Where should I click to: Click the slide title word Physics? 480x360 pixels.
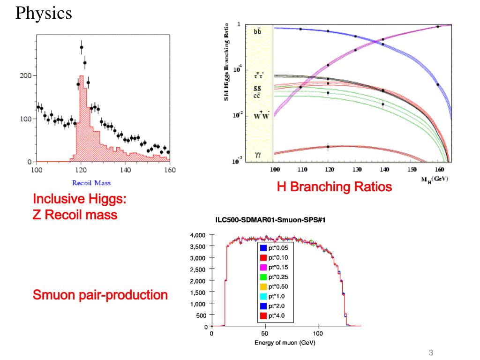point(44,13)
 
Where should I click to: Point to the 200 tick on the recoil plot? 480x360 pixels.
point(25,76)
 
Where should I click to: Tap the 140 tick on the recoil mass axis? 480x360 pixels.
point(126,170)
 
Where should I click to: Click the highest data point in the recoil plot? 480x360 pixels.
point(82,47)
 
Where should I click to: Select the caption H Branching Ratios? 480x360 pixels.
point(334,187)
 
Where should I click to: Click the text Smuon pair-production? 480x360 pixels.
point(100,295)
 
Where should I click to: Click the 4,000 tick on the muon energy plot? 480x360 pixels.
point(197,235)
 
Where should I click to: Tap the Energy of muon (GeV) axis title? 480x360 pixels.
point(285,343)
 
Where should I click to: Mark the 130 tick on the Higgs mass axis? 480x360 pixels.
point(357,169)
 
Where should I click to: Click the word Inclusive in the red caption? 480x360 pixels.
point(59,199)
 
